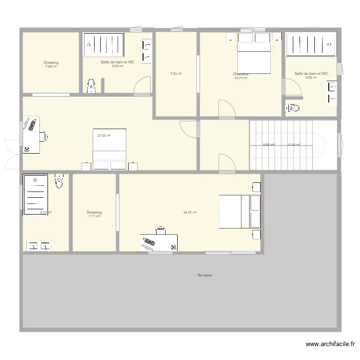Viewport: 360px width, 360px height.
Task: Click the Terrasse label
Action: (x=204, y=276)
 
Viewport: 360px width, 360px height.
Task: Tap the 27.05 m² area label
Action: (x=104, y=136)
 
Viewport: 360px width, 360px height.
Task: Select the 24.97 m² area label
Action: (x=190, y=213)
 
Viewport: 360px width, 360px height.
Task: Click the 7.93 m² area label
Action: (x=176, y=74)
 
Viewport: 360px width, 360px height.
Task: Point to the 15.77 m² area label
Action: (x=240, y=78)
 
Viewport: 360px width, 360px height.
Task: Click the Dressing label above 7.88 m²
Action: (x=51, y=63)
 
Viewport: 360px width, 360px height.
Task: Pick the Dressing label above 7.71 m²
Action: (x=94, y=213)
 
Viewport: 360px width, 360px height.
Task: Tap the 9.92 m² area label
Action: (x=311, y=78)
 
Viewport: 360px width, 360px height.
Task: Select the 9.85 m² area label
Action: (x=118, y=66)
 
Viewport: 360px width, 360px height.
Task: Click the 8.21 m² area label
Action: (x=46, y=213)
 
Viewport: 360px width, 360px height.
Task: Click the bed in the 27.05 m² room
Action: (x=109, y=149)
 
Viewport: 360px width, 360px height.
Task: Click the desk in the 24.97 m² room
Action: (x=159, y=242)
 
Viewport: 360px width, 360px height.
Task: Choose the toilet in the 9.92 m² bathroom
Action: (x=293, y=108)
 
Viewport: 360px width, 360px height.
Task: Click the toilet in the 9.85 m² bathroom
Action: (x=91, y=85)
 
